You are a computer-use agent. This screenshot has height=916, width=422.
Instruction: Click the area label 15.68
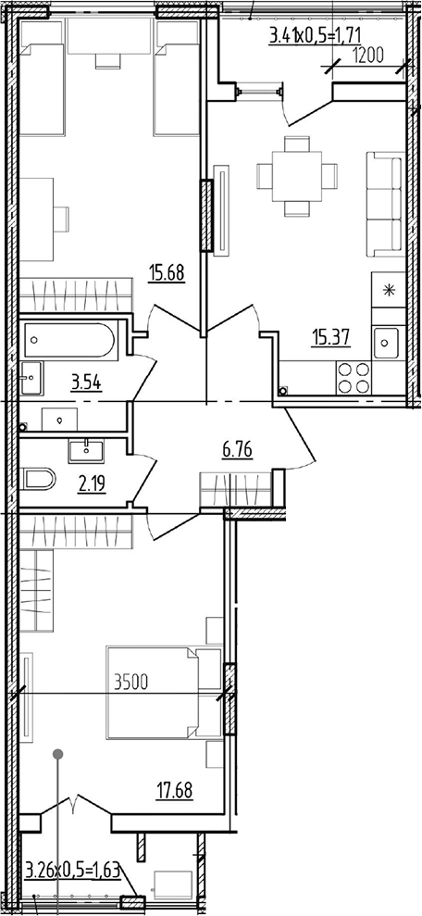click(167, 273)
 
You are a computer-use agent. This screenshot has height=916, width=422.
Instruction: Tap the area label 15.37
click(331, 338)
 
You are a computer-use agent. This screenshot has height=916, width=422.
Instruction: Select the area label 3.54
click(86, 383)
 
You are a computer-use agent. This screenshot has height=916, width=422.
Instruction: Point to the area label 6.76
click(238, 451)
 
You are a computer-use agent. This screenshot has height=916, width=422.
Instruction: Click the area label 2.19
click(92, 485)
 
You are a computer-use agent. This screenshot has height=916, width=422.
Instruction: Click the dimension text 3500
click(132, 682)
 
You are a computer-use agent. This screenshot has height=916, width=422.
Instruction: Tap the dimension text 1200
click(367, 56)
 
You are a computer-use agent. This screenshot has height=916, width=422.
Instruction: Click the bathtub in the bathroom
click(70, 340)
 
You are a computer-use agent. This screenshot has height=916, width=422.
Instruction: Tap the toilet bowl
click(38, 479)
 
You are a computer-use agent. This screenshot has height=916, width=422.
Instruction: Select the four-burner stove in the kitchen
click(354, 377)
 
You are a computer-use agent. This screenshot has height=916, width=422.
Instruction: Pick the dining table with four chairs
click(297, 176)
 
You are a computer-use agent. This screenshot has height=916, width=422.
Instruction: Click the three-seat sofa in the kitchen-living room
click(385, 204)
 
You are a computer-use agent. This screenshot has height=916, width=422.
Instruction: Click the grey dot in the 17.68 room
click(57, 754)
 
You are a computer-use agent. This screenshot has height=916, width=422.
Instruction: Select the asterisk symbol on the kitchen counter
click(388, 289)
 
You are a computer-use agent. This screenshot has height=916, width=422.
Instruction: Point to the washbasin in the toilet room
click(86, 450)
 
